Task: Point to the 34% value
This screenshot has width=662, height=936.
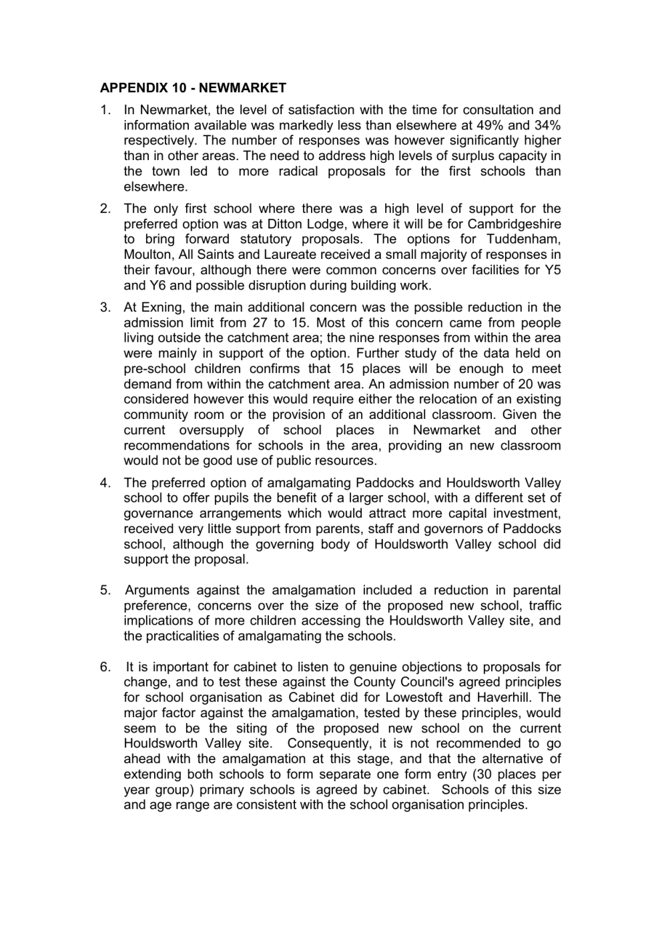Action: click(x=547, y=125)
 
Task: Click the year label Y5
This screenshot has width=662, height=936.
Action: click(x=553, y=270)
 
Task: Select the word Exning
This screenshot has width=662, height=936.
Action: click(x=165, y=307)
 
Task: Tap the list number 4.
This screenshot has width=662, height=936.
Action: click(x=105, y=482)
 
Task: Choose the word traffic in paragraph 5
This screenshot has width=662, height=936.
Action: click(x=545, y=605)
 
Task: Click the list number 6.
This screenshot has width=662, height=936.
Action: click(x=105, y=666)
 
